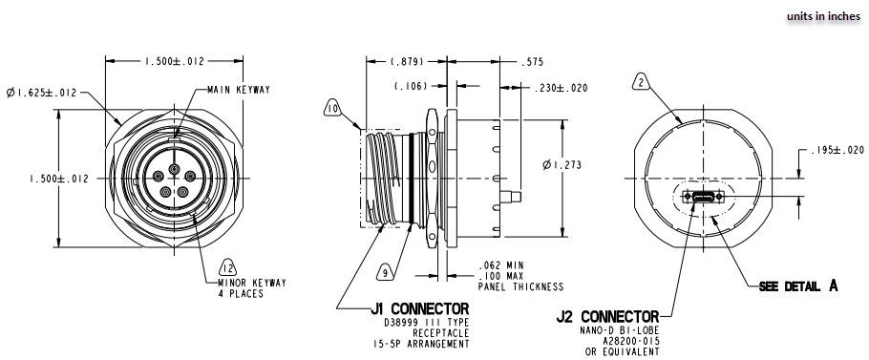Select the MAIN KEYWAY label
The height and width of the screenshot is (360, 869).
pos(240,90)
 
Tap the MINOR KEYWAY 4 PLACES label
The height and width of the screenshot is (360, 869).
pos(239,288)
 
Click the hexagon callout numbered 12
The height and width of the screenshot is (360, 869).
pos(228,266)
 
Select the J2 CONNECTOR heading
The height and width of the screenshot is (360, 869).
pos(606,316)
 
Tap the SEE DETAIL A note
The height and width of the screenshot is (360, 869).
pos(798,286)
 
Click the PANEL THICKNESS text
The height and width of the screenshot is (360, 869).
pos(521,286)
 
